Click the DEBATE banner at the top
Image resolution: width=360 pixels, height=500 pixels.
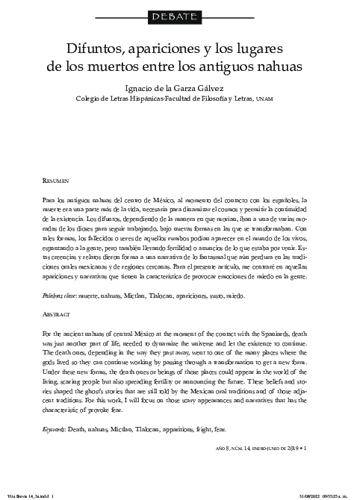pyautogui.click(x=180, y=15)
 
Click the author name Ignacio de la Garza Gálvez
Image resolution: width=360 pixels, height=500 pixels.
pyautogui.click(x=179, y=87)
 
